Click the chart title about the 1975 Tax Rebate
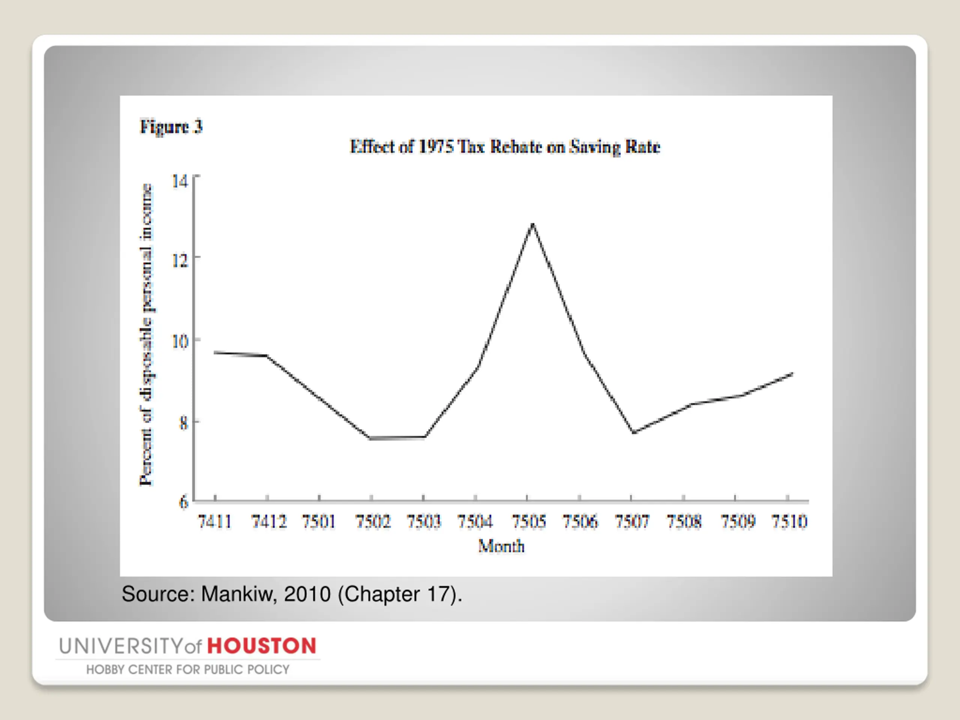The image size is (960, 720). (x=505, y=147)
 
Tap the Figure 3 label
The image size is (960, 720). (x=171, y=127)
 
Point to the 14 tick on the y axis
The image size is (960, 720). (x=180, y=180)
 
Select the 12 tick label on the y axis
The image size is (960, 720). (x=180, y=260)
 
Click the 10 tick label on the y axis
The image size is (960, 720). (x=180, y=341)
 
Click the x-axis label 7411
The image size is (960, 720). (x=215, y=521)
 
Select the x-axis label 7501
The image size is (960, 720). (x=319, y=521)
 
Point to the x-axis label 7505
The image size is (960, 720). (x=528, y=521)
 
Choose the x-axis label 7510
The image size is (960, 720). (x=789, y=521)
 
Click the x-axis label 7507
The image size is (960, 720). (x=632, y=521)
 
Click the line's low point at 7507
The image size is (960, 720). (x=634, y=432)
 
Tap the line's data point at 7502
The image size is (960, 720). (x=371, y=438)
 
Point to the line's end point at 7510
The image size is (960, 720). (x=792, y=373)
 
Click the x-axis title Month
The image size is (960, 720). (x=501, y=546)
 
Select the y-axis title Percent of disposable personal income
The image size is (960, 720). (x=146, y=334)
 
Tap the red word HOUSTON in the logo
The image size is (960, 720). (x=262, y=646)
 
